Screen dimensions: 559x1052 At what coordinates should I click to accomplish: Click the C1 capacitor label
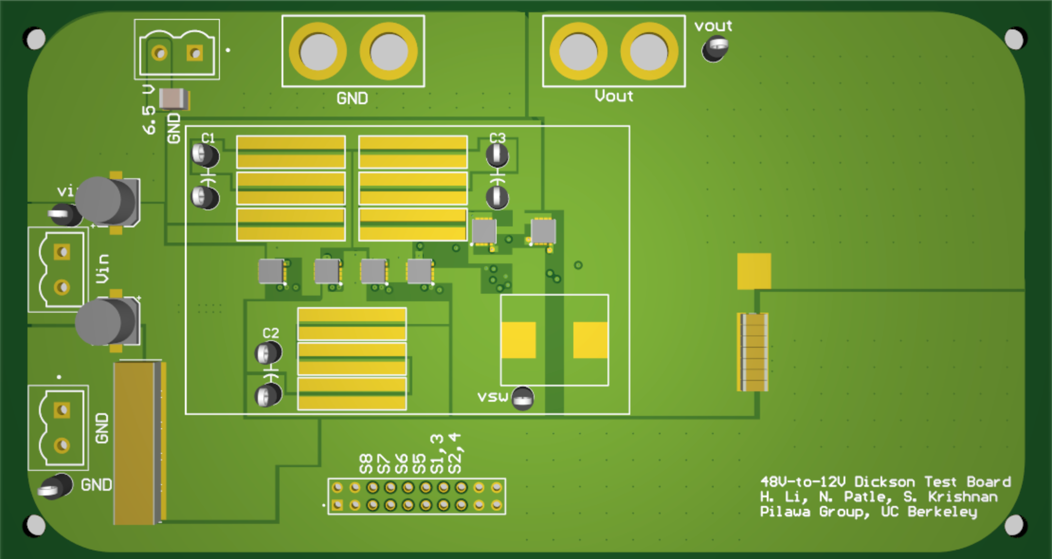[208, 138]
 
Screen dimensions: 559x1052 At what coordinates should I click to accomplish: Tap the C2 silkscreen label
[271, 333]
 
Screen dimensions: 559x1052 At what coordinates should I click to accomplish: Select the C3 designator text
[497, 138]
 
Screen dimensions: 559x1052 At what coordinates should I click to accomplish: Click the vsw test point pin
[523, 399]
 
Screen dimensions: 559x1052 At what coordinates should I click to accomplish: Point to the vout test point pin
[716, 48]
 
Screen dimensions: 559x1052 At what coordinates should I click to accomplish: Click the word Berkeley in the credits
[942, 512]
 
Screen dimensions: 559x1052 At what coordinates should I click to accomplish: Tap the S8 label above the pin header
[366, 464]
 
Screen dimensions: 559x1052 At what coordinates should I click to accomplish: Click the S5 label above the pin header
[419, 464]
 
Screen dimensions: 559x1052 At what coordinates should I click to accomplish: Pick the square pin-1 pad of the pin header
[337, 505]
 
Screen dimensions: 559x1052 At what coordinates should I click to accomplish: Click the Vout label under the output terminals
[614, 96]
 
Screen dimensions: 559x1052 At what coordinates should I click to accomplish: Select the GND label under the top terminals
[352, 99]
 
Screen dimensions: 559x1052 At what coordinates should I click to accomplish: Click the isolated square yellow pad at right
[754, 271]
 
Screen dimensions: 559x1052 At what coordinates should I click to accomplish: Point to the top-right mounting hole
[1015, 39]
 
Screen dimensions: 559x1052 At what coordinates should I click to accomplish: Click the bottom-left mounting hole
[35, 525]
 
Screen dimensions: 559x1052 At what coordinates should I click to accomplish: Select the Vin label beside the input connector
[102, 269]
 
